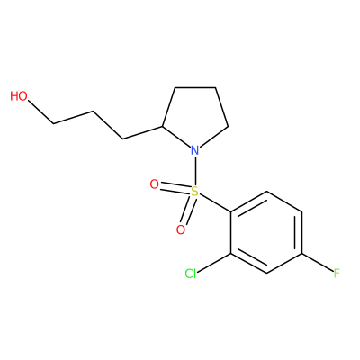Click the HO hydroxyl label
pyautogui.click(x=19, y=96)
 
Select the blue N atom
pyautogui.click(x=195, y=150)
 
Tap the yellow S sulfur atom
pyautogui.click(x=195, y=191)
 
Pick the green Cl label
pyautogui.click(x=191, y=274)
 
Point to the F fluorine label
pyautogui.click(x=337, y=274)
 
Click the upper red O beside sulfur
pyautogui.click(x=154, y=184)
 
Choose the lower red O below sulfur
pyautogui.click(x=181, y=230)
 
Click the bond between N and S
pyautogui.click(x=195, y=170)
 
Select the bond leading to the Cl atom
pyautogui.click(x=214, y=263)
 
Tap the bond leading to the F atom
pyautogui.click(x=318, y=263)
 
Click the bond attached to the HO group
pyautogui.click(x=40, y=112)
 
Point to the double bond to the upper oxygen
pyautogui.click(x=175, y=187)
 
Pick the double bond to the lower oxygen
pyautogui.click(x=188, y=211)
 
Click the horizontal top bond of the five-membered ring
pyautogui.click(x=195, y=87)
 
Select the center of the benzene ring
pyautogui.click(x=266, y=232)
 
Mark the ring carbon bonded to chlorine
pyautogui.click(x=231, y=253)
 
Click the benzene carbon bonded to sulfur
pyautogui.click(x=231, y=212)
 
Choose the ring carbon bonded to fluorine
pyautogui.click(x=301, y=253)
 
